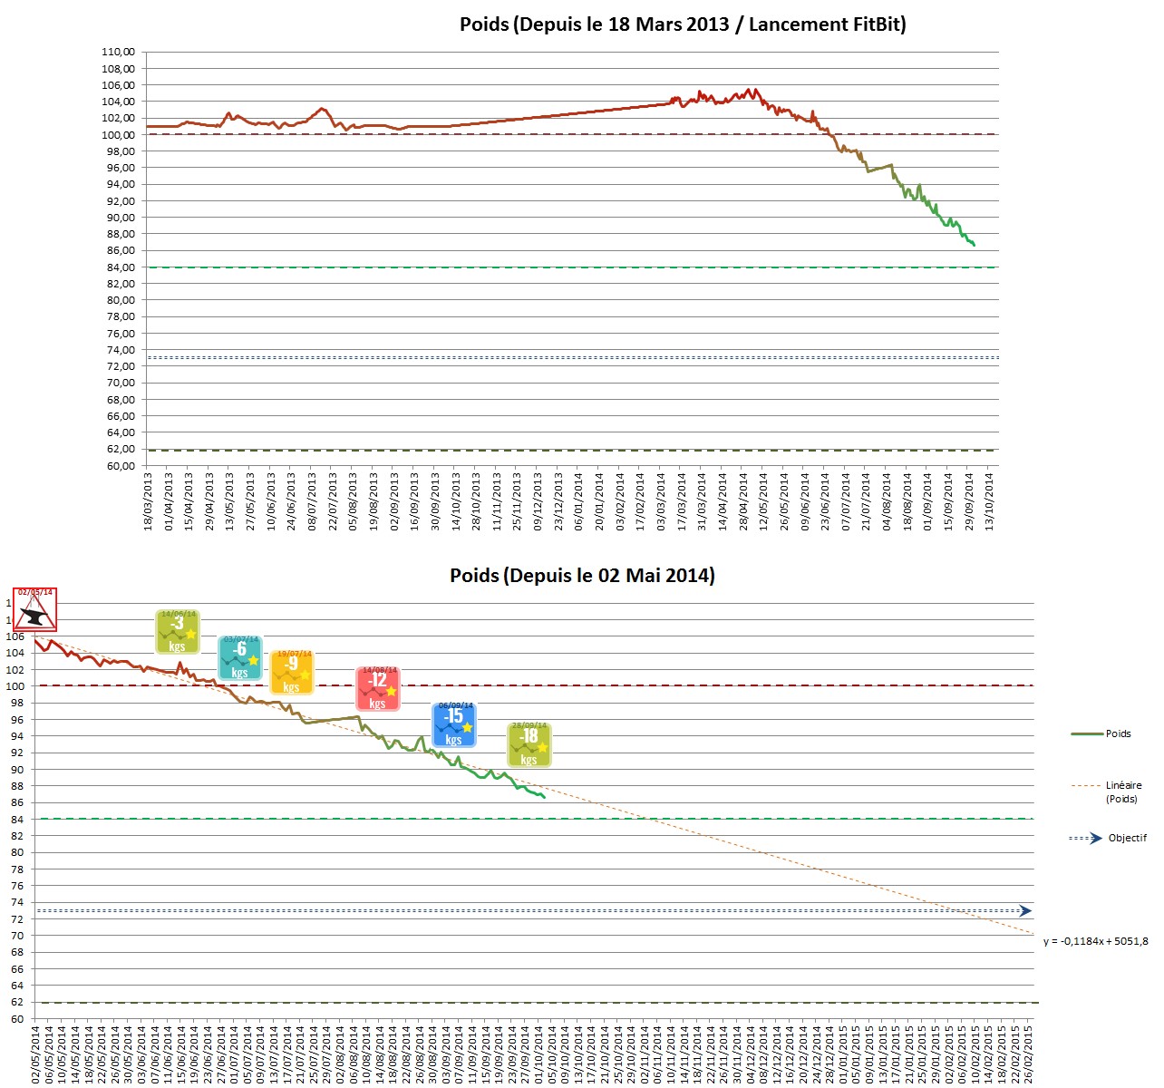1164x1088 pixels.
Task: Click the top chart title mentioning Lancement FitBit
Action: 683,24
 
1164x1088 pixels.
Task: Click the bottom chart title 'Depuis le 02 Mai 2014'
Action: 582,576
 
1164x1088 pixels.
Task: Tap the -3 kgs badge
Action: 178,631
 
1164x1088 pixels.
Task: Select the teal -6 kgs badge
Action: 240,657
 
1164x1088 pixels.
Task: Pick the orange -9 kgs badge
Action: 292,672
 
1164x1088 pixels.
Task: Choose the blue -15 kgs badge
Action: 454,724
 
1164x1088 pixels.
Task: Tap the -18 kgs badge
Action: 529,744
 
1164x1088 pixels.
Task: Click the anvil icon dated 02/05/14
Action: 35,610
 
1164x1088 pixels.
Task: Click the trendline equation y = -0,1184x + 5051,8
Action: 1095,941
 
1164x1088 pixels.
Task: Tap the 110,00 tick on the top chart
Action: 118,53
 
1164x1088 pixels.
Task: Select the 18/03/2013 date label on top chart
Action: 148,500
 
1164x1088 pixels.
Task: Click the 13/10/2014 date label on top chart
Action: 989,500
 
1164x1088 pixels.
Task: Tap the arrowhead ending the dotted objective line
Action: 1025,910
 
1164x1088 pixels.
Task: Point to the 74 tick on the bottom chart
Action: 17,902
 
